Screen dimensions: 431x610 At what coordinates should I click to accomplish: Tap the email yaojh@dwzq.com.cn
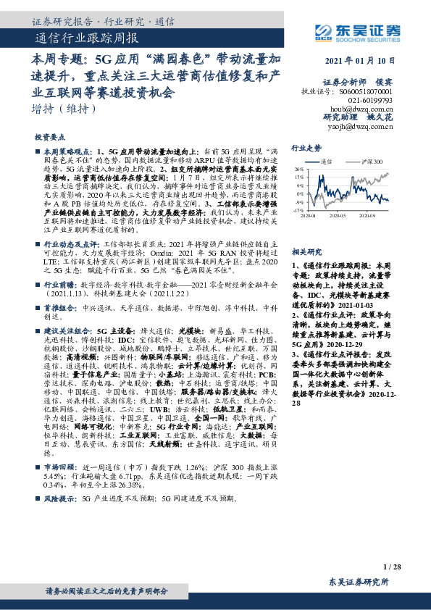pos(365,126)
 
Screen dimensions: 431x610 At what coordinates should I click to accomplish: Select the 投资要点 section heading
pos(50,136)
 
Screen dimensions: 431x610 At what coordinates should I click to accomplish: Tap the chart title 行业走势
pos(306,147)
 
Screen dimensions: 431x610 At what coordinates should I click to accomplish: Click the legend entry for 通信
pos(326,161)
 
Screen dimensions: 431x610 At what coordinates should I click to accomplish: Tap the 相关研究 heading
pos(305,251)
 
